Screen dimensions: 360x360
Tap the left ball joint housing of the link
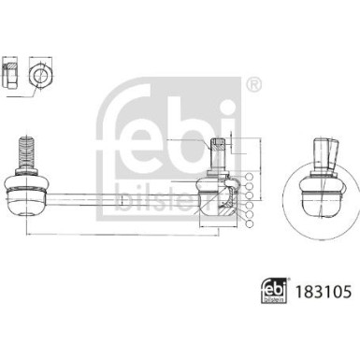[26, 196]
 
